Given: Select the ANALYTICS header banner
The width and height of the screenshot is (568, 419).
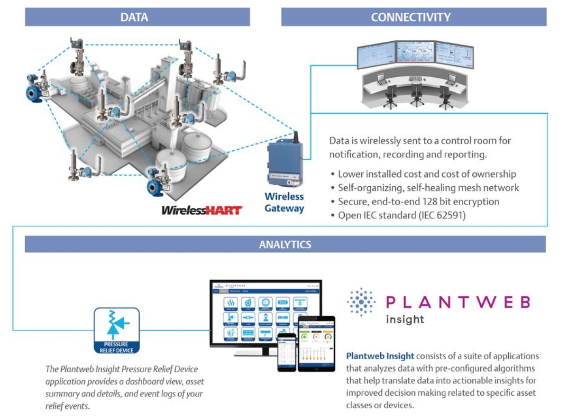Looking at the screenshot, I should [285, 245].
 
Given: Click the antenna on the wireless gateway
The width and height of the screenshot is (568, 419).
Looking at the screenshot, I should [296, 137].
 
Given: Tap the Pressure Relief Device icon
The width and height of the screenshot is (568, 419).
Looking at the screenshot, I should [117, 331].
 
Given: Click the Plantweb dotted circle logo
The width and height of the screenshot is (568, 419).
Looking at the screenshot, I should [361, 302].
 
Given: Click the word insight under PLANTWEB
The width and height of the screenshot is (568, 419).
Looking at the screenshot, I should [405, 319].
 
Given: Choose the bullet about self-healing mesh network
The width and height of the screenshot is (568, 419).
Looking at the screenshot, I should [428, 188].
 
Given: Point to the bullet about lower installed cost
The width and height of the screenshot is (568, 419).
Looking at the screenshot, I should [427, 174].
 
